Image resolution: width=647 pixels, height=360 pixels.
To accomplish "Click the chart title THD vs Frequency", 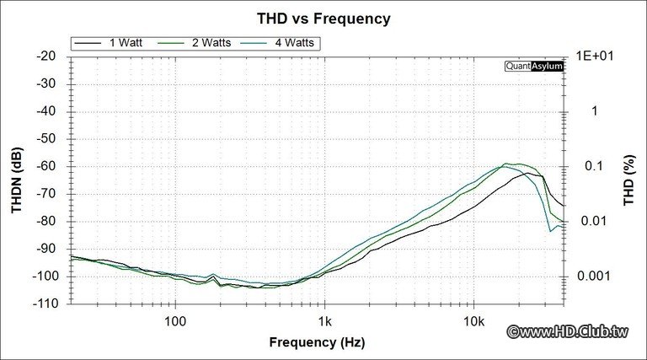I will [x=323, y=18].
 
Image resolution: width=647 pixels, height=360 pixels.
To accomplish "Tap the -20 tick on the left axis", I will [x=47, y=56].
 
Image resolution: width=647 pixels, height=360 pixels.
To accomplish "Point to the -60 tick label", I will [x=47, y=166].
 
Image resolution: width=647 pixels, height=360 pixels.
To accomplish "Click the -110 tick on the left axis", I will [x=45, y=304].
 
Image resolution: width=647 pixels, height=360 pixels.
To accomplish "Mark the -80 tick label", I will [x=47, y=221].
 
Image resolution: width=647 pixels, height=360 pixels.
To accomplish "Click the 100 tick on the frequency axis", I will [x=175, y=320].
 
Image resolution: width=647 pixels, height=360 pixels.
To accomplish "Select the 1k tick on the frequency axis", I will [x=324, y=320].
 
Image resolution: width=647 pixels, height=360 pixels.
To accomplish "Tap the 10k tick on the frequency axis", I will [x=474, y=320].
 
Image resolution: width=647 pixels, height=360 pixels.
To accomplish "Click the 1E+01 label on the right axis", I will [x=594, y=56].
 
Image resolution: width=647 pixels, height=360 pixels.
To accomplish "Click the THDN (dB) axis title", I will [x=18, y=179].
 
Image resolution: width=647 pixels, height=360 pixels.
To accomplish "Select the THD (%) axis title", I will [x=628, y=179].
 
